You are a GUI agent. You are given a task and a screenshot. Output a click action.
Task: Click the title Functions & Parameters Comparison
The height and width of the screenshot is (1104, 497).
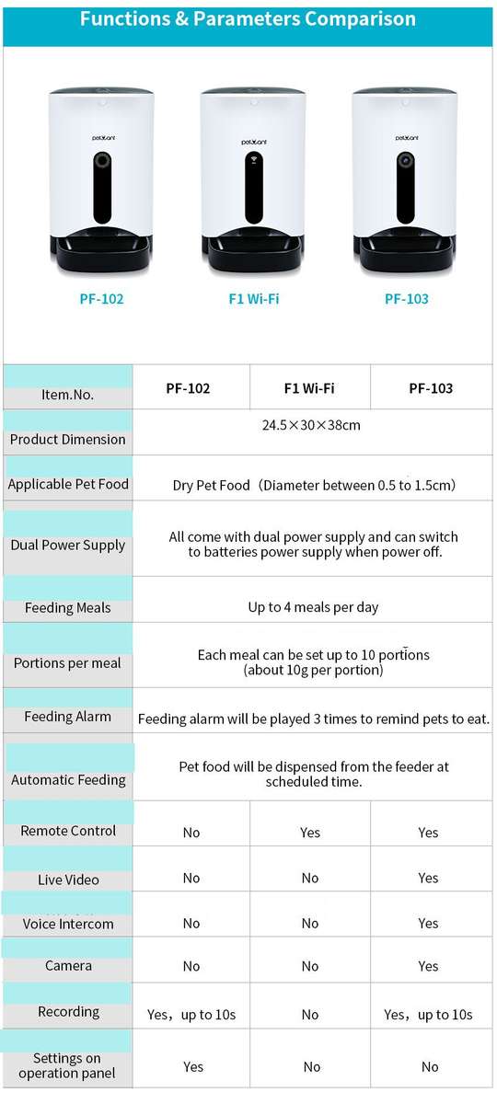[248, 18]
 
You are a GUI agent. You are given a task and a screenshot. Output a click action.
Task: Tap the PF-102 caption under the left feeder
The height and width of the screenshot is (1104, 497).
[101, 299]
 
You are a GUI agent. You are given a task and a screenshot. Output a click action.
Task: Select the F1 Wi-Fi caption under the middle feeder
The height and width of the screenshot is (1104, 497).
[254, 299]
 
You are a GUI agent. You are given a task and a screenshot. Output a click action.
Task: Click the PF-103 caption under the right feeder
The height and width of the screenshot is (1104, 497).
[406, 299]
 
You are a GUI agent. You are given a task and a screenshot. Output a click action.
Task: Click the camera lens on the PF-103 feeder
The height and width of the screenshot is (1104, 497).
[405, 160]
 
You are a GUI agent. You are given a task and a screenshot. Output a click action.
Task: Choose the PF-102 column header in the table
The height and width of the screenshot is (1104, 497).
[188, 388]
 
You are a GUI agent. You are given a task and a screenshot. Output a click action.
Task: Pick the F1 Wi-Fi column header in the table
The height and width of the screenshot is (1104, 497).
[309, 388]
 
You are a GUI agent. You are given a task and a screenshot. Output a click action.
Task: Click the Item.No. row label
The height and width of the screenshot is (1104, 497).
[68, 395]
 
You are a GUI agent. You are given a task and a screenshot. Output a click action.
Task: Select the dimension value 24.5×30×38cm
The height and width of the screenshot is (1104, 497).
[311, 425]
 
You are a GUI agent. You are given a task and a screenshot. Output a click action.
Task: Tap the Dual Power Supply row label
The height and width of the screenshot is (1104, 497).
[68, 545]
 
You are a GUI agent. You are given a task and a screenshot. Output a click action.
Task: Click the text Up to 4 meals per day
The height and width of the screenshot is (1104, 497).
[313, 607]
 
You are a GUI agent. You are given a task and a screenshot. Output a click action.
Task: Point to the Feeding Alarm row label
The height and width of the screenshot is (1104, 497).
[68, 717]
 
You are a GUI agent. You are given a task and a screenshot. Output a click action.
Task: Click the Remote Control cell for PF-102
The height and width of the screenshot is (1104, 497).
[191, 833]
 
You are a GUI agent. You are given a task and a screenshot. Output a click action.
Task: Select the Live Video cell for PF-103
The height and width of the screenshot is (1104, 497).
[428, 879]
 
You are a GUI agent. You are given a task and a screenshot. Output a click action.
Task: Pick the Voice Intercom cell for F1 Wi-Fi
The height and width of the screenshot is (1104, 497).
[310, 924]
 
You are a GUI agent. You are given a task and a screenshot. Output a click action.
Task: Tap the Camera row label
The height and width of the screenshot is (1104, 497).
[68, 966]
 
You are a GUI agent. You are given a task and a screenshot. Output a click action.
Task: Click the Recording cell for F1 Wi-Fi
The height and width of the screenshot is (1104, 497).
[310, 1015]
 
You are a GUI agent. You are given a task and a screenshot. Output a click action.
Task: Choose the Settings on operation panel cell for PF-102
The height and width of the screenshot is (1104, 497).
[193, 1067]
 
